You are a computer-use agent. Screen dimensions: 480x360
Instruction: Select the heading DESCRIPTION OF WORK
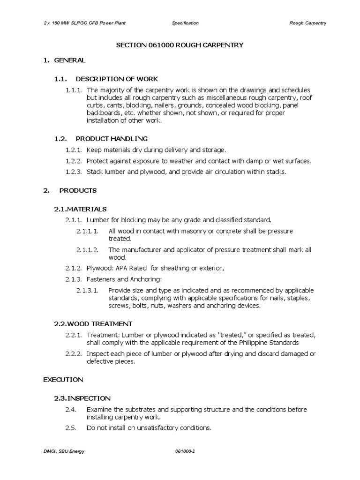click(x=117, y=79)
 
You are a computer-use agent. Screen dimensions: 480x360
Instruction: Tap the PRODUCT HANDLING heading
click(x=112, y=138)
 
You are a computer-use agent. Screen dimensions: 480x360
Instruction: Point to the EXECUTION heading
click(x=63, y=379)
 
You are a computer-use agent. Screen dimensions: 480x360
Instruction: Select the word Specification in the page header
click(x=185, y=23)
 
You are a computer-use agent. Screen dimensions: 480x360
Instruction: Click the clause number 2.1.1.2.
click(x=87, y=250)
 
